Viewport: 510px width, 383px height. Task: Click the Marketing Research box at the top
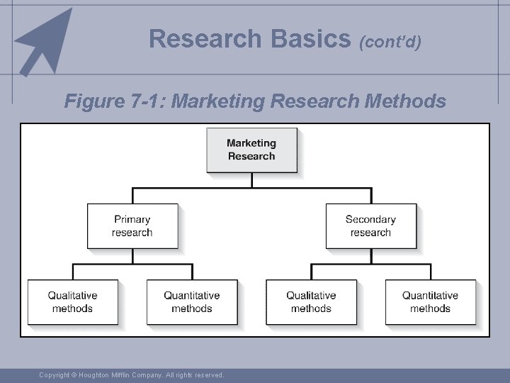pyautogui.click(x=251, y=150)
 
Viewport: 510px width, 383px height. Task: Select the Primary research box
pyautogui.click(x=132, y=226)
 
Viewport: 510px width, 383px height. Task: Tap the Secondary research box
pyautogui.click(x=370, y=226)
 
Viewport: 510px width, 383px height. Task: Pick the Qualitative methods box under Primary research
pyautogui.click(x=72, y=301)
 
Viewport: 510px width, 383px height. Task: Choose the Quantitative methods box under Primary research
pyautogui.click(x=192, y=301)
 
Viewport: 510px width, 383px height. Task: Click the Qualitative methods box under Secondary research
pyautogui.click(x=311, y=301)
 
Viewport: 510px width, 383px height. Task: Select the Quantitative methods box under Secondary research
pyautogui.click(x=430, y=301)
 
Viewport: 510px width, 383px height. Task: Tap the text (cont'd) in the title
pyautogui.click(x=390, y=42)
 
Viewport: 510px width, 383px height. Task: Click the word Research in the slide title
pyautogui.click(x=204, y=38)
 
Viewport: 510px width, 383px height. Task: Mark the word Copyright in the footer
pyautogui.click(x=54, y=374)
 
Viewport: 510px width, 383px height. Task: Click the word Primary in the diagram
pyautogui.click(x=132, y=219)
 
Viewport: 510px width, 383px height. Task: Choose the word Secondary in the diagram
pyautogui.click(x=370, y=219)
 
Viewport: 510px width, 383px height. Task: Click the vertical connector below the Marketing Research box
pyautogui.click(x=251, y=180)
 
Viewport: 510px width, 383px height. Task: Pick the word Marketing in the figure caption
pyautogui.click(x=219, y=101)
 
